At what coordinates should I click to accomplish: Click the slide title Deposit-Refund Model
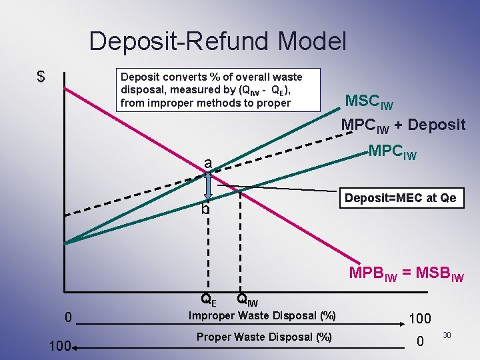[217, 41]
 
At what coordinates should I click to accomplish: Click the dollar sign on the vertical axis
[41, 77]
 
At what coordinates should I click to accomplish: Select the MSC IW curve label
[369, 102]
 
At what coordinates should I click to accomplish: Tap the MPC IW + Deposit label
[403, 125]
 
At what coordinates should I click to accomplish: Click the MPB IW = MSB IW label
[406, 273]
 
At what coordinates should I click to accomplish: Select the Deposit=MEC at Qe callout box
[401, 198]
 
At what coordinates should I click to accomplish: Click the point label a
[208, 163]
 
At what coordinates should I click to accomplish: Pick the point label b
[205, 209]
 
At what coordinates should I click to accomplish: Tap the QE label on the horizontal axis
[208, 301]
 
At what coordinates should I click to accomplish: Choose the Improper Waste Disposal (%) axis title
[262, 315]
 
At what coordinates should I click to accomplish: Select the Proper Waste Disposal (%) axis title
[264, 337]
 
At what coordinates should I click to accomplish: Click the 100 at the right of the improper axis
[419, 319]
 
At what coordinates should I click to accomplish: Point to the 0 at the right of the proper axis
[419, 342]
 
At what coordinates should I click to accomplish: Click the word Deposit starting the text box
[140, 77]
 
